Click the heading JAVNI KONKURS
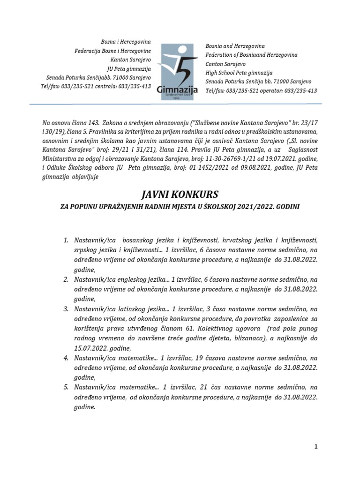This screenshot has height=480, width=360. [x=180, y=195]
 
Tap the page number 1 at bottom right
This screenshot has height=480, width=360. [x=316, y=447]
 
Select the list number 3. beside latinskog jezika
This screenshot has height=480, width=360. [x=66, y=309]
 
